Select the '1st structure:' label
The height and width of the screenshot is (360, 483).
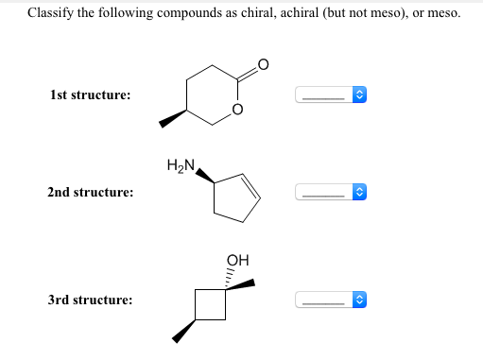coord(90,95)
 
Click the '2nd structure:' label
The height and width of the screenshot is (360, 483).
coord(90,192)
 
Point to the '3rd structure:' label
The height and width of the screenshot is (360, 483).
coord(90,300)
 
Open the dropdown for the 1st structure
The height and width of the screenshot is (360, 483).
coord(330,95)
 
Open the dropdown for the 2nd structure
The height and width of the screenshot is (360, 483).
coord(330,192)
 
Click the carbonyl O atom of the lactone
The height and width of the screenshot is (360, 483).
coord(263,65)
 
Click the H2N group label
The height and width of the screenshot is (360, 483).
coord(180,167)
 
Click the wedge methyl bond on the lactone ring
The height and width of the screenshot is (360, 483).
coord(172,119)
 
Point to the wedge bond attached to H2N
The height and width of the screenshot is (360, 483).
coord(204,177)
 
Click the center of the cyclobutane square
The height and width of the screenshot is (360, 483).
coord(211,305)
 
